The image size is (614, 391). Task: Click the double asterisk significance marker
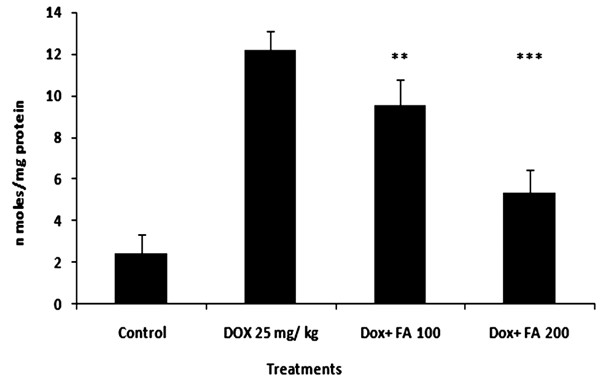click(399, 56)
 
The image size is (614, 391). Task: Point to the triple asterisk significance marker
click(529, 56)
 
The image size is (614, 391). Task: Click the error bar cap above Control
click(141, 235)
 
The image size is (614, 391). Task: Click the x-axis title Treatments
click(303, 370)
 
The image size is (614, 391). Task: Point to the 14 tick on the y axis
click(60, 13)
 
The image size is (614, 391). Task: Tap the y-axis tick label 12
click(60, 55)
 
